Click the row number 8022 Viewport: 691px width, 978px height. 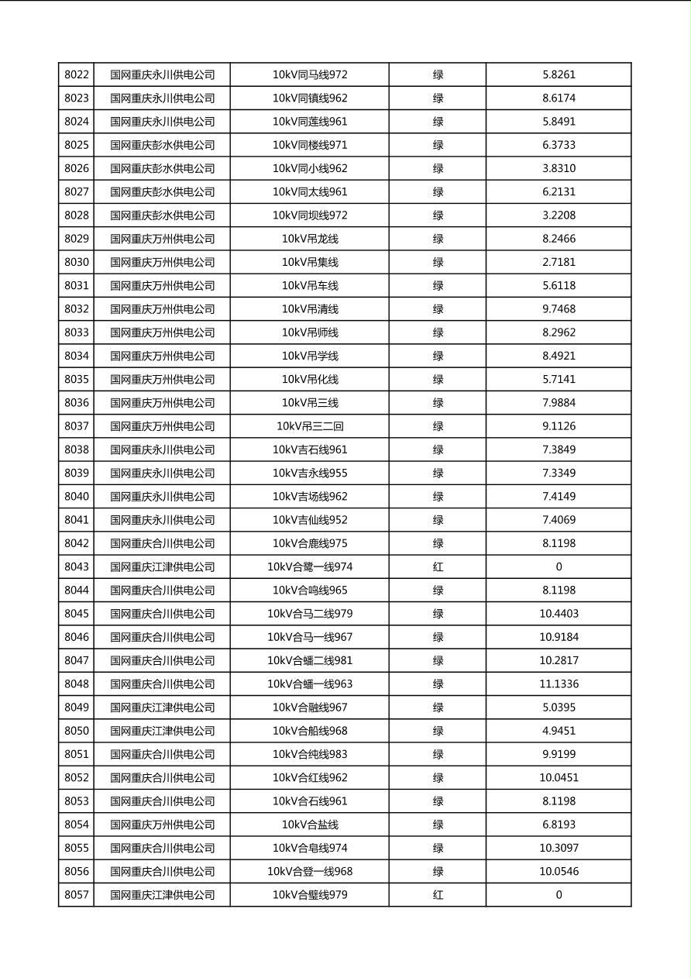pos(77,75)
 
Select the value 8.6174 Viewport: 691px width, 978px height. pos(559,98)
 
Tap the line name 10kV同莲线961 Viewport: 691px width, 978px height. pos(310,122)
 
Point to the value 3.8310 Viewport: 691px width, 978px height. pos(559,168)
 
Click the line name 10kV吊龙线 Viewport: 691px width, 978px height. pos(310,239)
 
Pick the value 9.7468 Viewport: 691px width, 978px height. pos(559,309)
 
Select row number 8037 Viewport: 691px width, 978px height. pos(77,426)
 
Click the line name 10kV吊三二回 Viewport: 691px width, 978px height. pos(310,426)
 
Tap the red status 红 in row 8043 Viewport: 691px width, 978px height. pos(438,567)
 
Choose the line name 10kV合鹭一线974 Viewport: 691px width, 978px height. pos(310,567)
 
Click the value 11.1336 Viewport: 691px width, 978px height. pos(559,684)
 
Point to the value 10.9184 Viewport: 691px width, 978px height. pos(559,637)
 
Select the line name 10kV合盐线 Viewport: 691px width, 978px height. pos(310,825)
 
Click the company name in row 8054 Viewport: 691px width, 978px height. pos(162,825)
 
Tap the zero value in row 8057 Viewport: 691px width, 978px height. pos(559,895)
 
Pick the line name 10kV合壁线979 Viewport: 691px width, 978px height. pos(310,895)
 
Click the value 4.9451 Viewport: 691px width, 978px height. pos(559,731)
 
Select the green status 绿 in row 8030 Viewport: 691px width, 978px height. pos(438,262)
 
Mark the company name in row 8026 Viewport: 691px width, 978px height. pos(162,168)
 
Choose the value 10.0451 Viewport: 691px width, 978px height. pos(559,778)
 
